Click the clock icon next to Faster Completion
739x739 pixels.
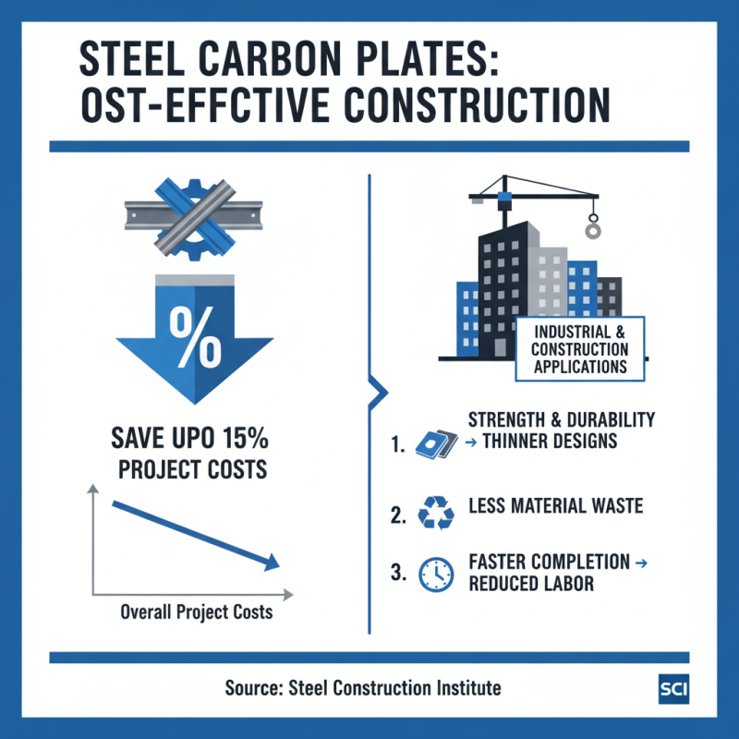tap(435, 573)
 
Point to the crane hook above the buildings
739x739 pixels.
tap(592, 224)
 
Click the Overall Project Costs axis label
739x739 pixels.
tap(198, 612)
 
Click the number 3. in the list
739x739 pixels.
tap(399, 574)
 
